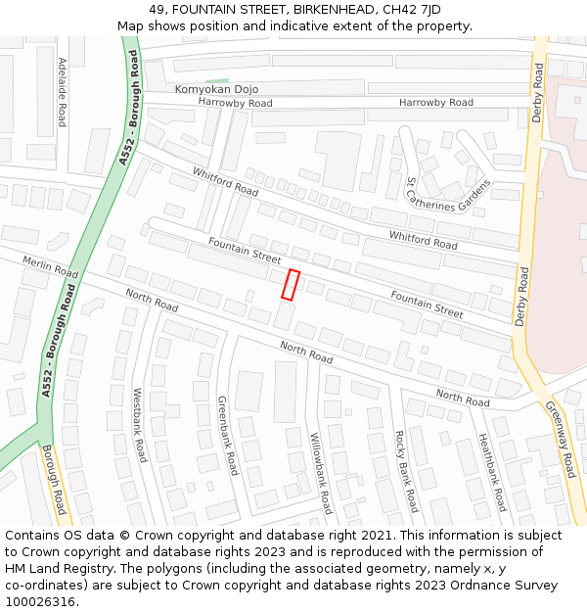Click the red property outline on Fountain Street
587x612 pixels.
coord(291,284)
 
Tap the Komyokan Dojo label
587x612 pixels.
coord(216,89)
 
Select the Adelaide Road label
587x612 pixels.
coord(62,92)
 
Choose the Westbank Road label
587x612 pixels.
coord(139,424)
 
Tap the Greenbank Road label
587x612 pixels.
coord(227,436)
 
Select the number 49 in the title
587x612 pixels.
coord(157,10)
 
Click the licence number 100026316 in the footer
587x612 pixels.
coord(40,602)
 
